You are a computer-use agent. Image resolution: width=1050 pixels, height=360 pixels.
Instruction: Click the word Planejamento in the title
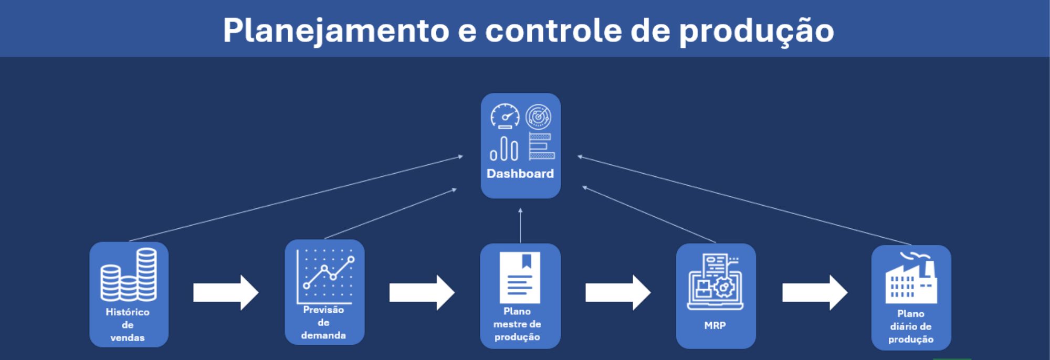pos(335,30)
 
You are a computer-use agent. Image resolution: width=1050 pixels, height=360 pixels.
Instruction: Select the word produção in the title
pos(756,30)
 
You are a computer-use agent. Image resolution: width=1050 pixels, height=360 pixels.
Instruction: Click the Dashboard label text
pos(520,174)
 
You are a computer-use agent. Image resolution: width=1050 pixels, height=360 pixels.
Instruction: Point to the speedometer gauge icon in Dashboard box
pos(505,116)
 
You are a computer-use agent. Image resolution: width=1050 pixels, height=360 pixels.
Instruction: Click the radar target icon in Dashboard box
pos(538,116)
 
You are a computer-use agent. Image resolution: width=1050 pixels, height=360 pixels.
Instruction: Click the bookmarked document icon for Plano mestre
pos(520,277)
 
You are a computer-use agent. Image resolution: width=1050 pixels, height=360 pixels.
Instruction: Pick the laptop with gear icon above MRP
pos(715,282)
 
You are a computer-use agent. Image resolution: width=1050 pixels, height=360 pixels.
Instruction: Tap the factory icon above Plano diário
pos(911,278)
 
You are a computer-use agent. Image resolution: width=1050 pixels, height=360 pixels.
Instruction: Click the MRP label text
pos(715,325)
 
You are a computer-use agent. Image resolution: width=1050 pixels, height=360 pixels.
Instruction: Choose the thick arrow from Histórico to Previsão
pos(226,292)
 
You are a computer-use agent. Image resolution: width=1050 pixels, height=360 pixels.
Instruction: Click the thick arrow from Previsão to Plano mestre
pos(422,292)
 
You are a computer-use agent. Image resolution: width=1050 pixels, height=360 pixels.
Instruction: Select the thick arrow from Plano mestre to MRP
pos(618,292)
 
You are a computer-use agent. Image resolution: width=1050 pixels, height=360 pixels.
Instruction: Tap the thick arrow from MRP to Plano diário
pos(814,292)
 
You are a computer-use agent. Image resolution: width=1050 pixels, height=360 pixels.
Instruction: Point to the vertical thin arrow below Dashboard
pos(520,226)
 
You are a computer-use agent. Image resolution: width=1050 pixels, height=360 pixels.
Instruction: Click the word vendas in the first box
pos(128,337)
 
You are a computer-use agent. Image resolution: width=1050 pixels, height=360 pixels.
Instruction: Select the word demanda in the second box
pos(323,335)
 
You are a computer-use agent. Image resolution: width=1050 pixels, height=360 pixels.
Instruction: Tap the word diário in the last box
pos(901,326)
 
